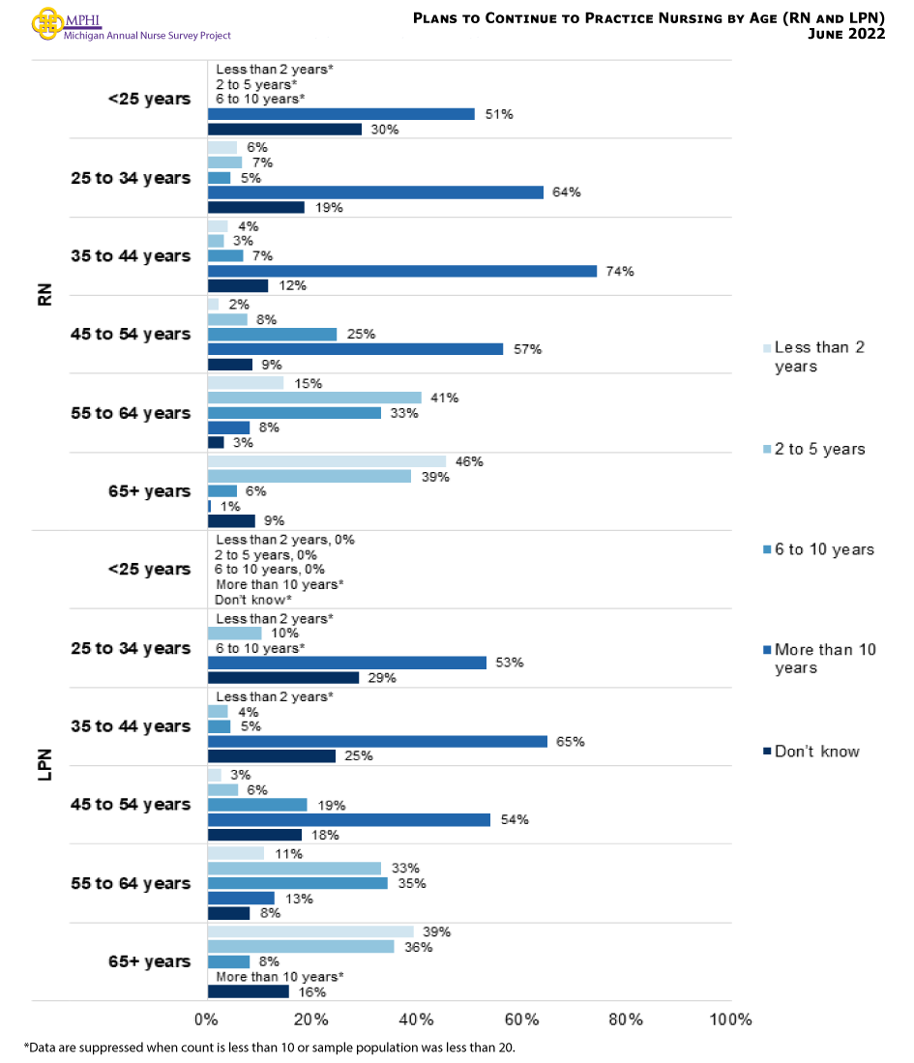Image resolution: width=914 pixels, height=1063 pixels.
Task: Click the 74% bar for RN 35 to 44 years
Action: [402, 271]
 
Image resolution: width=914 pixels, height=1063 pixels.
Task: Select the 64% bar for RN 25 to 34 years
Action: [376, 192]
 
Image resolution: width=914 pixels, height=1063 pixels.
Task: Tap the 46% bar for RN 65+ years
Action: [328, 461]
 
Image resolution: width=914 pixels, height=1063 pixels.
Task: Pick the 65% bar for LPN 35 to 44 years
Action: [378, 742]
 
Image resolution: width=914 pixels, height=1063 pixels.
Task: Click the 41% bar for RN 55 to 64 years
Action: [315, 398]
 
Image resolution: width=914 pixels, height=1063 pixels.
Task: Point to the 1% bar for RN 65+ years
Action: [210, 506]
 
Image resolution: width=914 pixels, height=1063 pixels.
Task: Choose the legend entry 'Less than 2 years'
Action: [818, 356]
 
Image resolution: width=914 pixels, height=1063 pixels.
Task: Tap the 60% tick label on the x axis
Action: [521, 1019]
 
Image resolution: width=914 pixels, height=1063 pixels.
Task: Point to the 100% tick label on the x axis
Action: [730, 1019]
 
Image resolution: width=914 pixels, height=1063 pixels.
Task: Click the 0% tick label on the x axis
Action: [206, 1019]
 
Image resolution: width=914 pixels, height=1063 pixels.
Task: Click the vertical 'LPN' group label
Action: [44, 766]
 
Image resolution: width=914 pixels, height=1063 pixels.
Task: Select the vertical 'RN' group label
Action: [44, 294]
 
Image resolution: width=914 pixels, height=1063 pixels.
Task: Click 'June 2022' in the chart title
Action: [845, 34]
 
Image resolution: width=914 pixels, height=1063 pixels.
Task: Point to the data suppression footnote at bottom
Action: [276, 1048]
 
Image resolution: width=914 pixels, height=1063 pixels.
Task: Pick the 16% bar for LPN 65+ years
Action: [249, 991]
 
